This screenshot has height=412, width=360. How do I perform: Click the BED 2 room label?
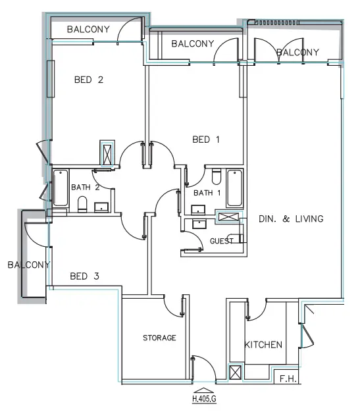[89, 80]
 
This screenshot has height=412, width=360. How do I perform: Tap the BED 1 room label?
[201, 140]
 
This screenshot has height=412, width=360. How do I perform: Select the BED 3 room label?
[84, 276]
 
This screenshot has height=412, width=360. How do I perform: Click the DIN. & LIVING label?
[291, 219]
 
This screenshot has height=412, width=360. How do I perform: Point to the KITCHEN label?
[263, 345]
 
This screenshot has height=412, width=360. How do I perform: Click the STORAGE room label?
[159, 338]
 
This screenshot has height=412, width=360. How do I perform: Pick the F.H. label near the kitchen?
[286, 379]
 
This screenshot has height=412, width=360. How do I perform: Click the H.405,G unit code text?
[205, 399]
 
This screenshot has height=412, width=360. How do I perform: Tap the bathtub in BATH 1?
[234, 189]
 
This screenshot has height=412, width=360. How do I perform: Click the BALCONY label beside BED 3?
[28, 265]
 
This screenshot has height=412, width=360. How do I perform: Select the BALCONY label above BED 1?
[192, 44]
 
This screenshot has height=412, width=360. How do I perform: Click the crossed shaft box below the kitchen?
[234, 374]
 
